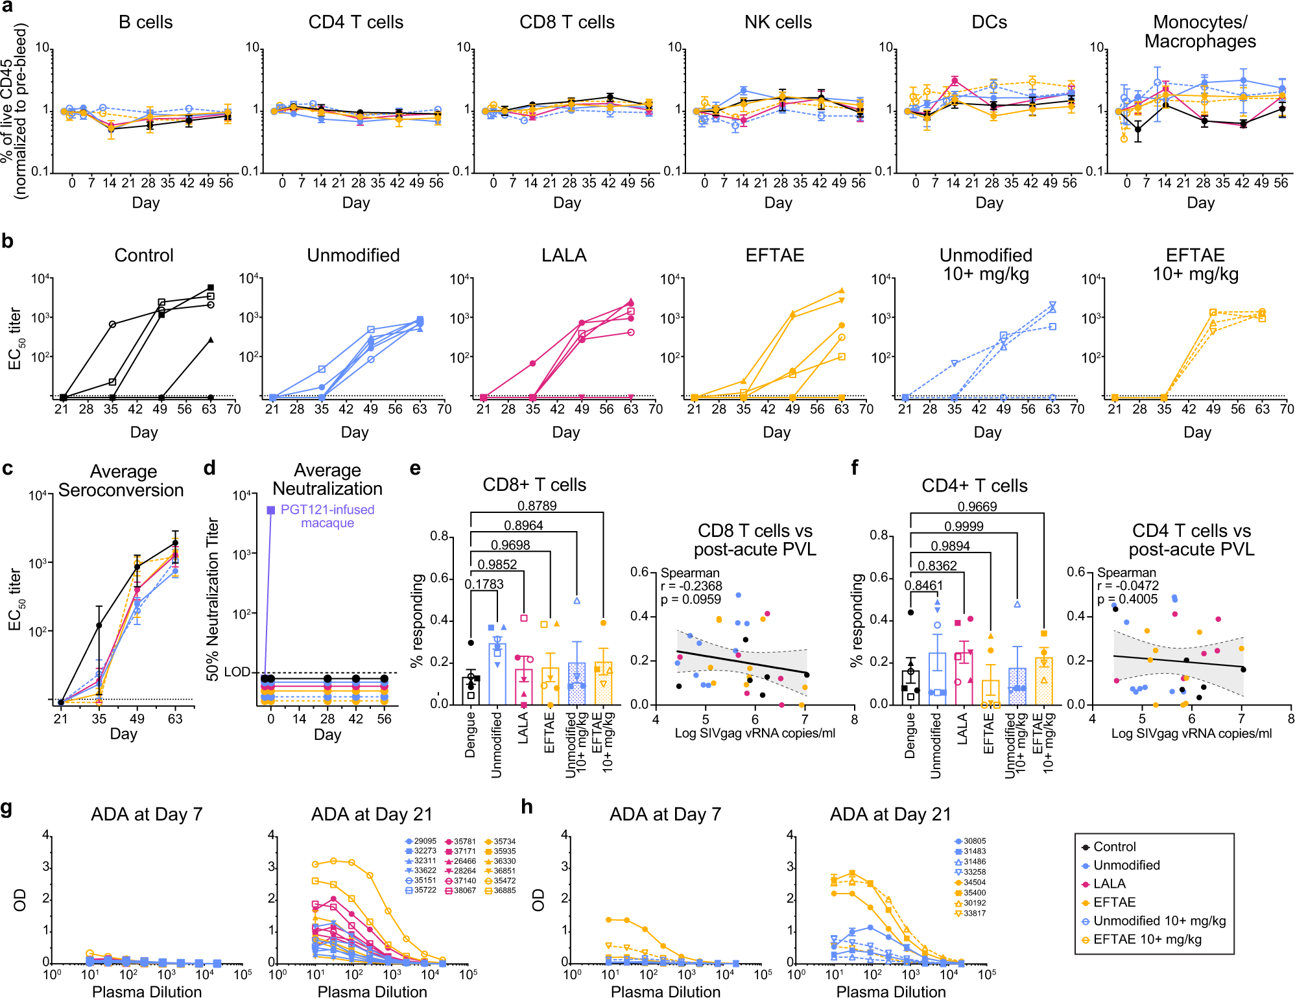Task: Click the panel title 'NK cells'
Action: [778, 22]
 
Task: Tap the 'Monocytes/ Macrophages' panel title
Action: [1200, 32]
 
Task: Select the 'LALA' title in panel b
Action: [564, 255]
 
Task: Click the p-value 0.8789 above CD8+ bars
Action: [537, 506]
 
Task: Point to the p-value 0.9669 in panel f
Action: [977, 506]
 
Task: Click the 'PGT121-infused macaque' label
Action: [327, 516]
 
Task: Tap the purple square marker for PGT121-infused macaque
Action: [271, 510]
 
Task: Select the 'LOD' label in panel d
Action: [237, 672]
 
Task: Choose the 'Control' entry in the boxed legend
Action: [1114, 846]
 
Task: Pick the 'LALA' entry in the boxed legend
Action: [1109, 883]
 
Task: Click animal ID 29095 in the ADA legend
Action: [425, 841]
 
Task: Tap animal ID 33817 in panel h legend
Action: [974, 913]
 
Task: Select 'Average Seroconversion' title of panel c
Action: [123, 481]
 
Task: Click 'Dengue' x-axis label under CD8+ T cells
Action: [470, 734]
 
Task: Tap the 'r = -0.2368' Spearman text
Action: [691, 586]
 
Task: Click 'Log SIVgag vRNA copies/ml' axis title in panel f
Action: [1191, 733]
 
